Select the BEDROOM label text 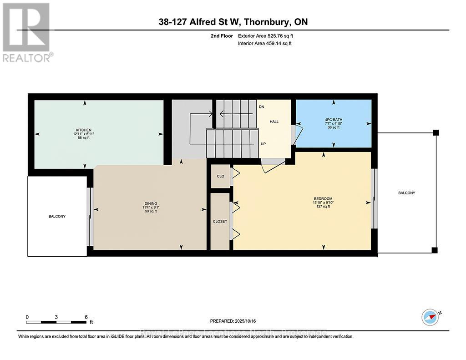(x=323, y=198)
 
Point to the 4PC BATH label (x=334, y=120)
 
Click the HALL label (x=274, y=122)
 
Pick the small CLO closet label (x=220, y=176)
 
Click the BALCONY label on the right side (x=406, y=193)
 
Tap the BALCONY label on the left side (x=57, y=216)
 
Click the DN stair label (x=261, y=106)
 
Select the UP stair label (x=263, y=143)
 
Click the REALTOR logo (x=27, y=32)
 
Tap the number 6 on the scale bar (x=86, y=317)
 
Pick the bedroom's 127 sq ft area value (x=323, y=207)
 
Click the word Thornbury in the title (x=268, y=22)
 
